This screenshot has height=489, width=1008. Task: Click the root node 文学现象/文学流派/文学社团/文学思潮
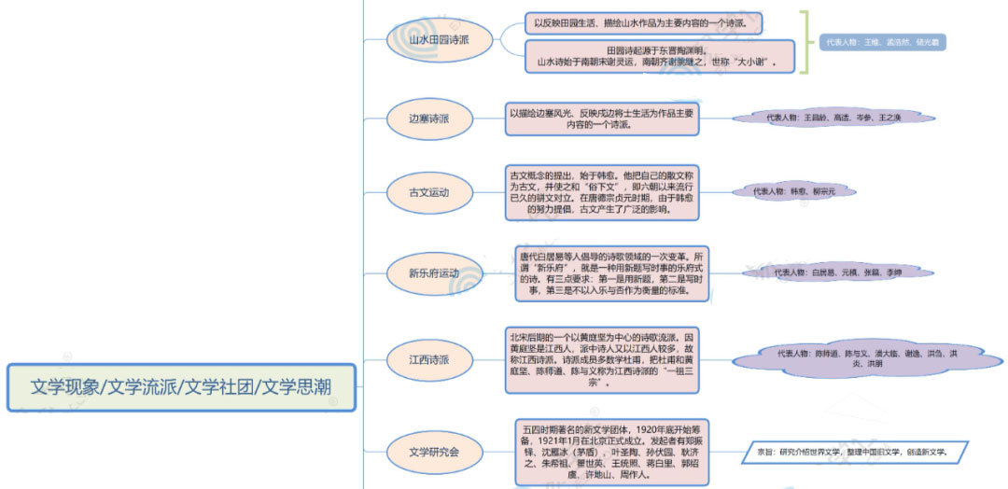pos(181,387)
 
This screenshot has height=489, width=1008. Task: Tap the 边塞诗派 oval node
pos(429,119)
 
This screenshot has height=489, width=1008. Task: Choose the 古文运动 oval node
pos(429,193)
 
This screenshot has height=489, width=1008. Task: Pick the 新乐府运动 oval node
pos(434,273)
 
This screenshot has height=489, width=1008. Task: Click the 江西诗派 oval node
pos(429,359)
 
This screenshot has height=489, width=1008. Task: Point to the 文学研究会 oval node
pos(434,452)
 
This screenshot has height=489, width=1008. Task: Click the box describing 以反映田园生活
pos(644,22)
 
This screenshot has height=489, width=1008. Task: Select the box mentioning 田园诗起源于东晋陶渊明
pos(659,56)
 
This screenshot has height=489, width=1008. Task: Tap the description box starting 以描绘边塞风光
pos(601,119)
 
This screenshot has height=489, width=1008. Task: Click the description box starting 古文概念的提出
pos(601,192)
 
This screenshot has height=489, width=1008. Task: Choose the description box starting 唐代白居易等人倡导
pos(611,272)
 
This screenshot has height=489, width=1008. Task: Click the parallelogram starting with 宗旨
pos(855,452)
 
